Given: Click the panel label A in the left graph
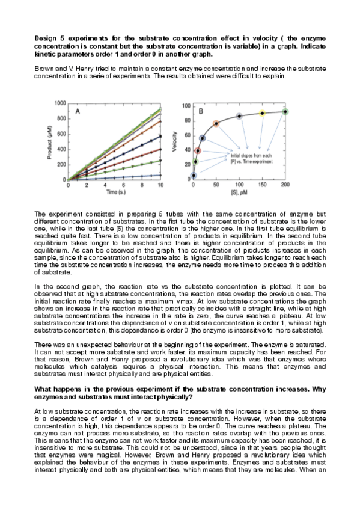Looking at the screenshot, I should coord(78,111).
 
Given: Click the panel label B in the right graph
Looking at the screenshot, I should coord(200,111).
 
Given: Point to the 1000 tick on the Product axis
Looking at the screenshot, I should coord(59,103).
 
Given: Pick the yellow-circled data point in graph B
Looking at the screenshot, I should coord(262,113).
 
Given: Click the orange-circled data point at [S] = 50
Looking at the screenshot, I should coord(216,123).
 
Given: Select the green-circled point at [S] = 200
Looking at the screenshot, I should coord(285,111).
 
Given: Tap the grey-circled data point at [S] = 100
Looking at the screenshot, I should coord(239,116).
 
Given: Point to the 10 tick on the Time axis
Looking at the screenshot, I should coord(160,185).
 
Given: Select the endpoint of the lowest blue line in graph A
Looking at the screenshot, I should coord(160,176).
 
